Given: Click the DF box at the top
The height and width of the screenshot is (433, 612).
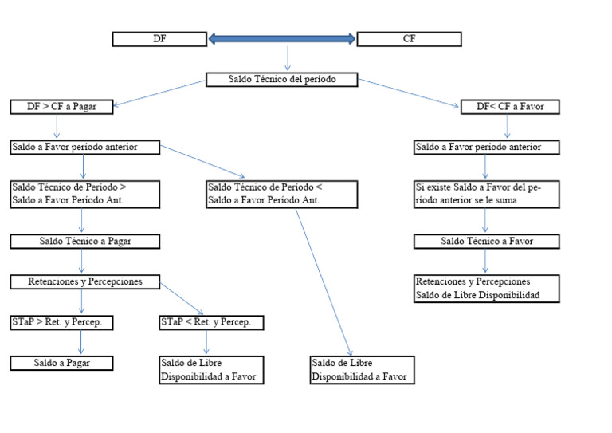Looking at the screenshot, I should [160, 39].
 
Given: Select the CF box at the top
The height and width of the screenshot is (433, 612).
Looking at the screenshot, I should [409, 39].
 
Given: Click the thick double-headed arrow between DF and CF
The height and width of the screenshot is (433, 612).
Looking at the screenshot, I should [282, 38].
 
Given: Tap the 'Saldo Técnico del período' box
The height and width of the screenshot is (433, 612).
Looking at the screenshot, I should [281, 80].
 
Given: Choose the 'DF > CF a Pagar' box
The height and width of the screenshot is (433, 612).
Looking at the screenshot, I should [61, 107].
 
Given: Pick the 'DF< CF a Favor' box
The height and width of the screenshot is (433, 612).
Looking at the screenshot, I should [510, 107].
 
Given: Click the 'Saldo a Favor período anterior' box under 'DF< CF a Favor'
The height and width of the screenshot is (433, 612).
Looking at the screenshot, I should [487, 148].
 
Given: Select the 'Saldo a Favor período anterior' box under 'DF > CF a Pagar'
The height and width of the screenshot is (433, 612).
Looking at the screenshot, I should [85, 148].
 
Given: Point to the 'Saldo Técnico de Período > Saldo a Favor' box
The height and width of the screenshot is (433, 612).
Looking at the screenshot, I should [85, 194].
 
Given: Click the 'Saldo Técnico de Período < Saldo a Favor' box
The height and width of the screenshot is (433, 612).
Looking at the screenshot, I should [281, 194].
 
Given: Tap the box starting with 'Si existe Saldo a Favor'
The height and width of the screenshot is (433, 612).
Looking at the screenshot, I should [487, 194].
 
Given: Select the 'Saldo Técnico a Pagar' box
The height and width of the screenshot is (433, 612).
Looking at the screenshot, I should [85, 241].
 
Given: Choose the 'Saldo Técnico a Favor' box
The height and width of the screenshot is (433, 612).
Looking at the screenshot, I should [487, 241].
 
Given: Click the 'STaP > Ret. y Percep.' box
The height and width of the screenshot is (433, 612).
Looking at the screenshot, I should [61, 323].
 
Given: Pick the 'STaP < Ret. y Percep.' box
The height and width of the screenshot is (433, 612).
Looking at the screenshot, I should [211, 323].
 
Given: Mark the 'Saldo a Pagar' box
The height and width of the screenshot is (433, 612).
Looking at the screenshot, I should [61, 363].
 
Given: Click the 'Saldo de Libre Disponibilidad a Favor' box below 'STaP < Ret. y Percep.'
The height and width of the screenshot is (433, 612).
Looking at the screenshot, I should [211, 370].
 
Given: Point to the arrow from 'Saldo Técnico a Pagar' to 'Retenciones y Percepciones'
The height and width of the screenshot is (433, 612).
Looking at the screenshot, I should [82, 262].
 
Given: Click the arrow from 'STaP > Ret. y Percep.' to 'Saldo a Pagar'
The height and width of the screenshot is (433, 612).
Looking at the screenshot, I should [82, 343].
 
